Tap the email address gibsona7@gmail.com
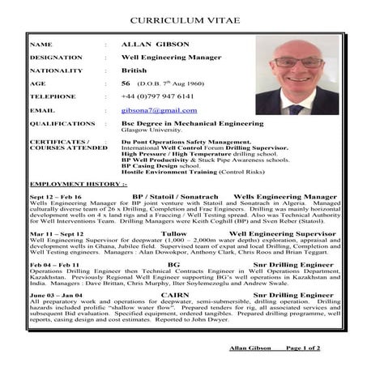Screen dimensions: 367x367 pos(159,109)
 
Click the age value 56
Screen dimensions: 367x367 pos(126,83)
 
